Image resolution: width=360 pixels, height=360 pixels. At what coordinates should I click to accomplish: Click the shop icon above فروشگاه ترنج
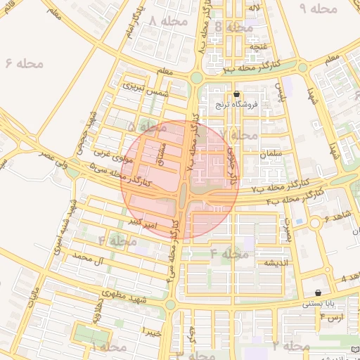[236, 94]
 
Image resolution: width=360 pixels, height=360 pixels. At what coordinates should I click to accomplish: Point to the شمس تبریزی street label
[146, 89]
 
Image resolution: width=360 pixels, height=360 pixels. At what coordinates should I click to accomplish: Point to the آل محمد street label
[78, 259]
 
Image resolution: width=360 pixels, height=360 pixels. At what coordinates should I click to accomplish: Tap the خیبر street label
[151, 330]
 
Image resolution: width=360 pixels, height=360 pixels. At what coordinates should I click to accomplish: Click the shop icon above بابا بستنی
[319, 293]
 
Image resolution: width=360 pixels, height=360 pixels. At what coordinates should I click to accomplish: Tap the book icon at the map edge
[354, 349]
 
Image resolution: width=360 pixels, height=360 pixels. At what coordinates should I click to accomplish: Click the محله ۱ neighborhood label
[110, 347]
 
